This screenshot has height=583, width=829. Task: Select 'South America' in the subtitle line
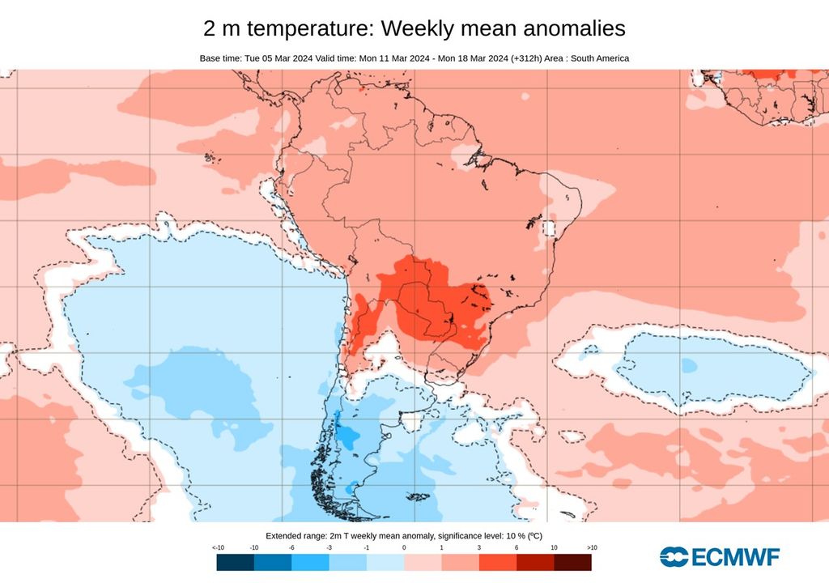[x=599, y=58]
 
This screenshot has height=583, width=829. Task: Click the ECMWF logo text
[x=734, y=556]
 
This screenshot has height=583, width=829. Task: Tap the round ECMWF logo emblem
[x=674, y=556]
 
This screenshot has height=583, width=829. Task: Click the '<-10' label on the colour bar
[x=218, y=548]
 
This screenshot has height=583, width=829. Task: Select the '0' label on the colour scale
[x=404, y=548]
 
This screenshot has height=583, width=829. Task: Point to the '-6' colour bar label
[x=291, y=548]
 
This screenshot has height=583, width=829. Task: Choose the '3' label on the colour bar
[x=478, y=548]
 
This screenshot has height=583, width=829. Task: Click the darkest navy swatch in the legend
[x=235, y=562]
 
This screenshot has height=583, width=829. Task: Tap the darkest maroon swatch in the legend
[x=572, y=562]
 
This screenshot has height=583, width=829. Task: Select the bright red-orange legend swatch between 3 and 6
[x=497, y=562]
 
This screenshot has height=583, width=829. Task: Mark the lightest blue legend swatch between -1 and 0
[x=385, y=562]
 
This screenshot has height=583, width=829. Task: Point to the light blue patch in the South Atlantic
[x=712, y=368]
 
